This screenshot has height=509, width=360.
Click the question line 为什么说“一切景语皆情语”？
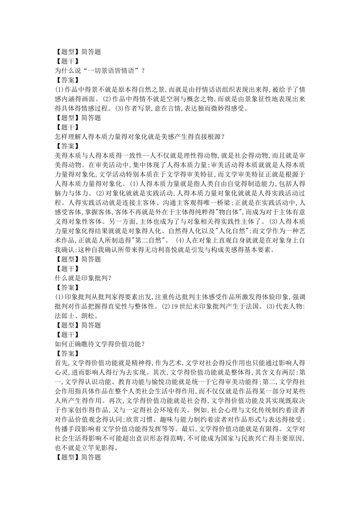tap(100, 71)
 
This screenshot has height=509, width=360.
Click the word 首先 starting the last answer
tap(61, 363)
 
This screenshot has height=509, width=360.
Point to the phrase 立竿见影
tap(96, 448)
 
